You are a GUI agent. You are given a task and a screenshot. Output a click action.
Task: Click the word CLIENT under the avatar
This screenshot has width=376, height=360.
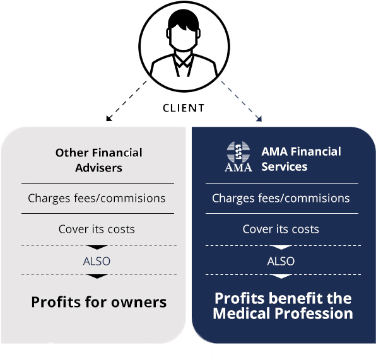pos(184,108)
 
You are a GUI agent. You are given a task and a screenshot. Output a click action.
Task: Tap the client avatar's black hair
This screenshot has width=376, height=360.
pos(184,19)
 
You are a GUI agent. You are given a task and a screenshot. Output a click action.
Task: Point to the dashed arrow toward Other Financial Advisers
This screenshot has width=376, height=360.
pos(126,101)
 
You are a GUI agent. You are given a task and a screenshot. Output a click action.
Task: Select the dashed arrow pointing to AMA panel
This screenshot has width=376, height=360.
pos(241,101)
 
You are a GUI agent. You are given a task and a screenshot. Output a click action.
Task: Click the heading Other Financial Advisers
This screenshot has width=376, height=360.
pos(99,160)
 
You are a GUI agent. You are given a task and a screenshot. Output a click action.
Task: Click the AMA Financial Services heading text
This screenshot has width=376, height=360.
pos(301,159)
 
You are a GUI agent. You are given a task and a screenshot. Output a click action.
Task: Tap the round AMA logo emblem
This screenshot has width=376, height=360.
pos(238,152)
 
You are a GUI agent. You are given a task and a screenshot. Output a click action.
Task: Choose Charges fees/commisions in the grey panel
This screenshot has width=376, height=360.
pos(97,199)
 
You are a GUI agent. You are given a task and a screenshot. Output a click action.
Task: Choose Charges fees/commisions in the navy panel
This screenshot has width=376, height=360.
pos(281,199)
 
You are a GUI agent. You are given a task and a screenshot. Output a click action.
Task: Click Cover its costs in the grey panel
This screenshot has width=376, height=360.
pos(97,229)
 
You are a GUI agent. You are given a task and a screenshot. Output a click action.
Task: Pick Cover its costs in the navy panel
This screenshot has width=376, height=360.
pos(281,229)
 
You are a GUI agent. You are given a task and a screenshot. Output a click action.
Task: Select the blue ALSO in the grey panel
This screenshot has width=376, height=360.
pos(97,261)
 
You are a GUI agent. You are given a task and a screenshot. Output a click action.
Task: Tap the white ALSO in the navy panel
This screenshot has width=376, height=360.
pos(281,261)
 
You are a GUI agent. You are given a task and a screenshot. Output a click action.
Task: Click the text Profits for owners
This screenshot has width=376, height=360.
pos(99,302)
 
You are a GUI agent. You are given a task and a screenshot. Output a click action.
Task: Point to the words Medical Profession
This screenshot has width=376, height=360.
pos(283,313)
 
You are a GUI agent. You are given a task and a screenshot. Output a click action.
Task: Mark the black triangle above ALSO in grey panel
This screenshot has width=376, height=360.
pos(97,247)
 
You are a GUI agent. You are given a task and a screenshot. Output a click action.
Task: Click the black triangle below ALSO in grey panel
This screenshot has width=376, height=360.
pos(97,276)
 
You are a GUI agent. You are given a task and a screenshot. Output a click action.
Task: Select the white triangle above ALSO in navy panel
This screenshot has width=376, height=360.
pos(281,247)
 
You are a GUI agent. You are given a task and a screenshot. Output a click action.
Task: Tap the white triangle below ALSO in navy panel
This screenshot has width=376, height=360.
pos(281,276)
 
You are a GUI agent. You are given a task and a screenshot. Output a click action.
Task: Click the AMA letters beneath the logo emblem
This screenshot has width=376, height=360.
pos(238,167)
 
